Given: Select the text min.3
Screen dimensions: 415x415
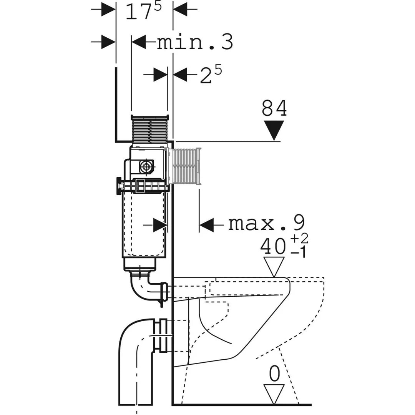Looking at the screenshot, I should [195, 42].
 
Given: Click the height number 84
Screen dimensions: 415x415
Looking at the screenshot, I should [274, 108].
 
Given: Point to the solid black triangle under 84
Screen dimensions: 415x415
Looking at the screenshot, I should [274, 130].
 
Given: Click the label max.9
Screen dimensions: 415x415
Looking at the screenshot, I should [267, 223].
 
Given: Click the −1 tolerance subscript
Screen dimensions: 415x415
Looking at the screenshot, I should [298, 253].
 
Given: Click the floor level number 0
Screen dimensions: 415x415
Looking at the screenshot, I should [274, 374].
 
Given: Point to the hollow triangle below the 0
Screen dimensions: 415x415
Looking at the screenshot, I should [274, 393].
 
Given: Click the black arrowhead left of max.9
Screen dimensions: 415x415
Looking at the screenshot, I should [207, 224].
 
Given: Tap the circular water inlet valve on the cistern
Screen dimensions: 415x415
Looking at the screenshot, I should [146, 167].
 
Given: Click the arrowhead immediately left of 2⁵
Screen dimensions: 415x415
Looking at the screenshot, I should [180, 75].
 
